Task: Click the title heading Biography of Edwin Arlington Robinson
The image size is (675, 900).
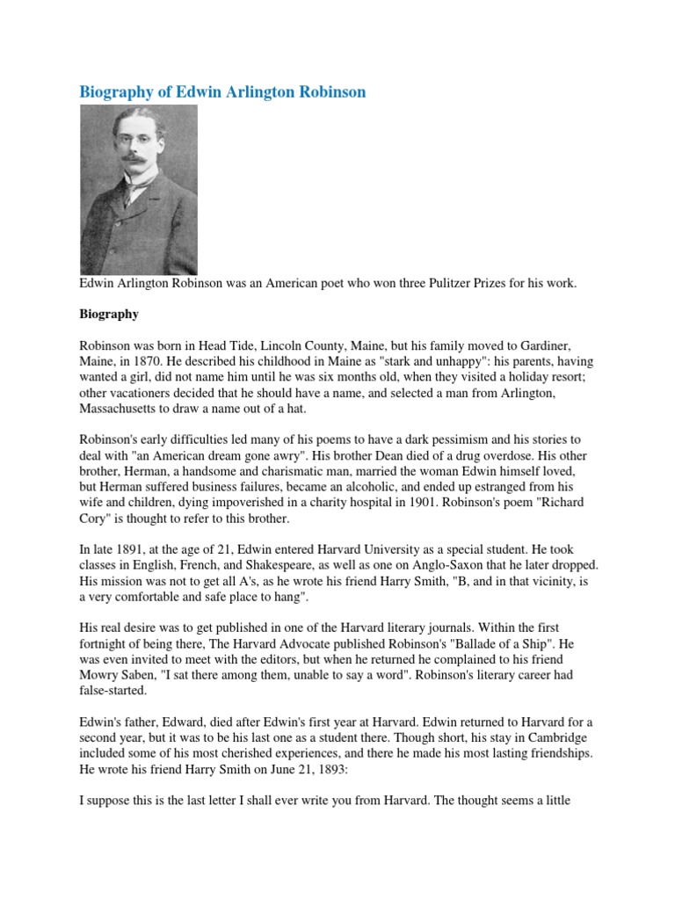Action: tap(223, 92)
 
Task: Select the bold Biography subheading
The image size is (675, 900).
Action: tap(109, 313)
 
